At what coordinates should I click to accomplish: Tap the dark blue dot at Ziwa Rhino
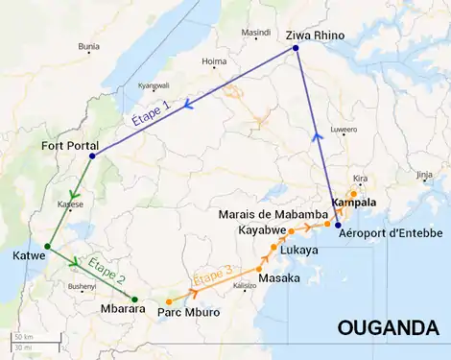295,48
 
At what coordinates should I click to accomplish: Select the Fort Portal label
69,146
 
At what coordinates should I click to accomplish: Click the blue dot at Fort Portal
92,156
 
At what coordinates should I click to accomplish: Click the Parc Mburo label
189,313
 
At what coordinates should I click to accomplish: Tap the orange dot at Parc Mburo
169,302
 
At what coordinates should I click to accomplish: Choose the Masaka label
279,277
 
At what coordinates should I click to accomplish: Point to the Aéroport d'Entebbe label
392,233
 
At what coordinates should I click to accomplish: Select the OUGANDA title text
388,328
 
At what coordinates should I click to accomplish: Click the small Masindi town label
256,32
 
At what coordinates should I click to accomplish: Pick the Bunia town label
88,45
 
